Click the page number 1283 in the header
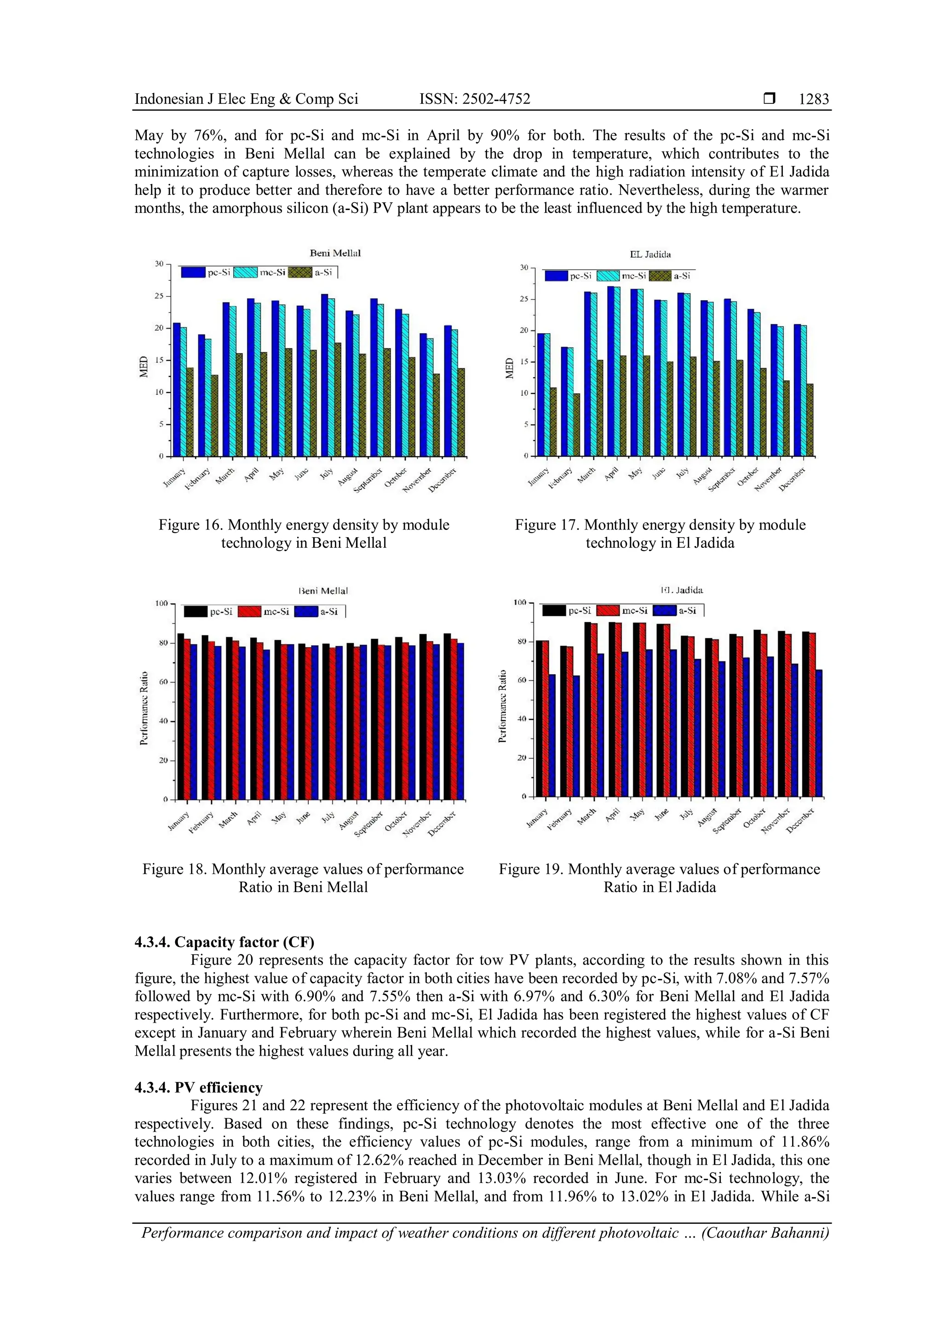[x=814, y=99]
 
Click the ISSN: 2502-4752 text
[x=475, y=99]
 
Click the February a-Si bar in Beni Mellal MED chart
[x=215, y=415]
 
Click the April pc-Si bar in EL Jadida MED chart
[x=611, y=371]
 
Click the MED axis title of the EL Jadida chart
[x=510, y=368]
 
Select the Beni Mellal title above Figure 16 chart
[x=335, y=253]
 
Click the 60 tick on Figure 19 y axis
[x=522, y=680]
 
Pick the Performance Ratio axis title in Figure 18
[x=144, y=708]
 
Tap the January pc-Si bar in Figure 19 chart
[x=539, y=719]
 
